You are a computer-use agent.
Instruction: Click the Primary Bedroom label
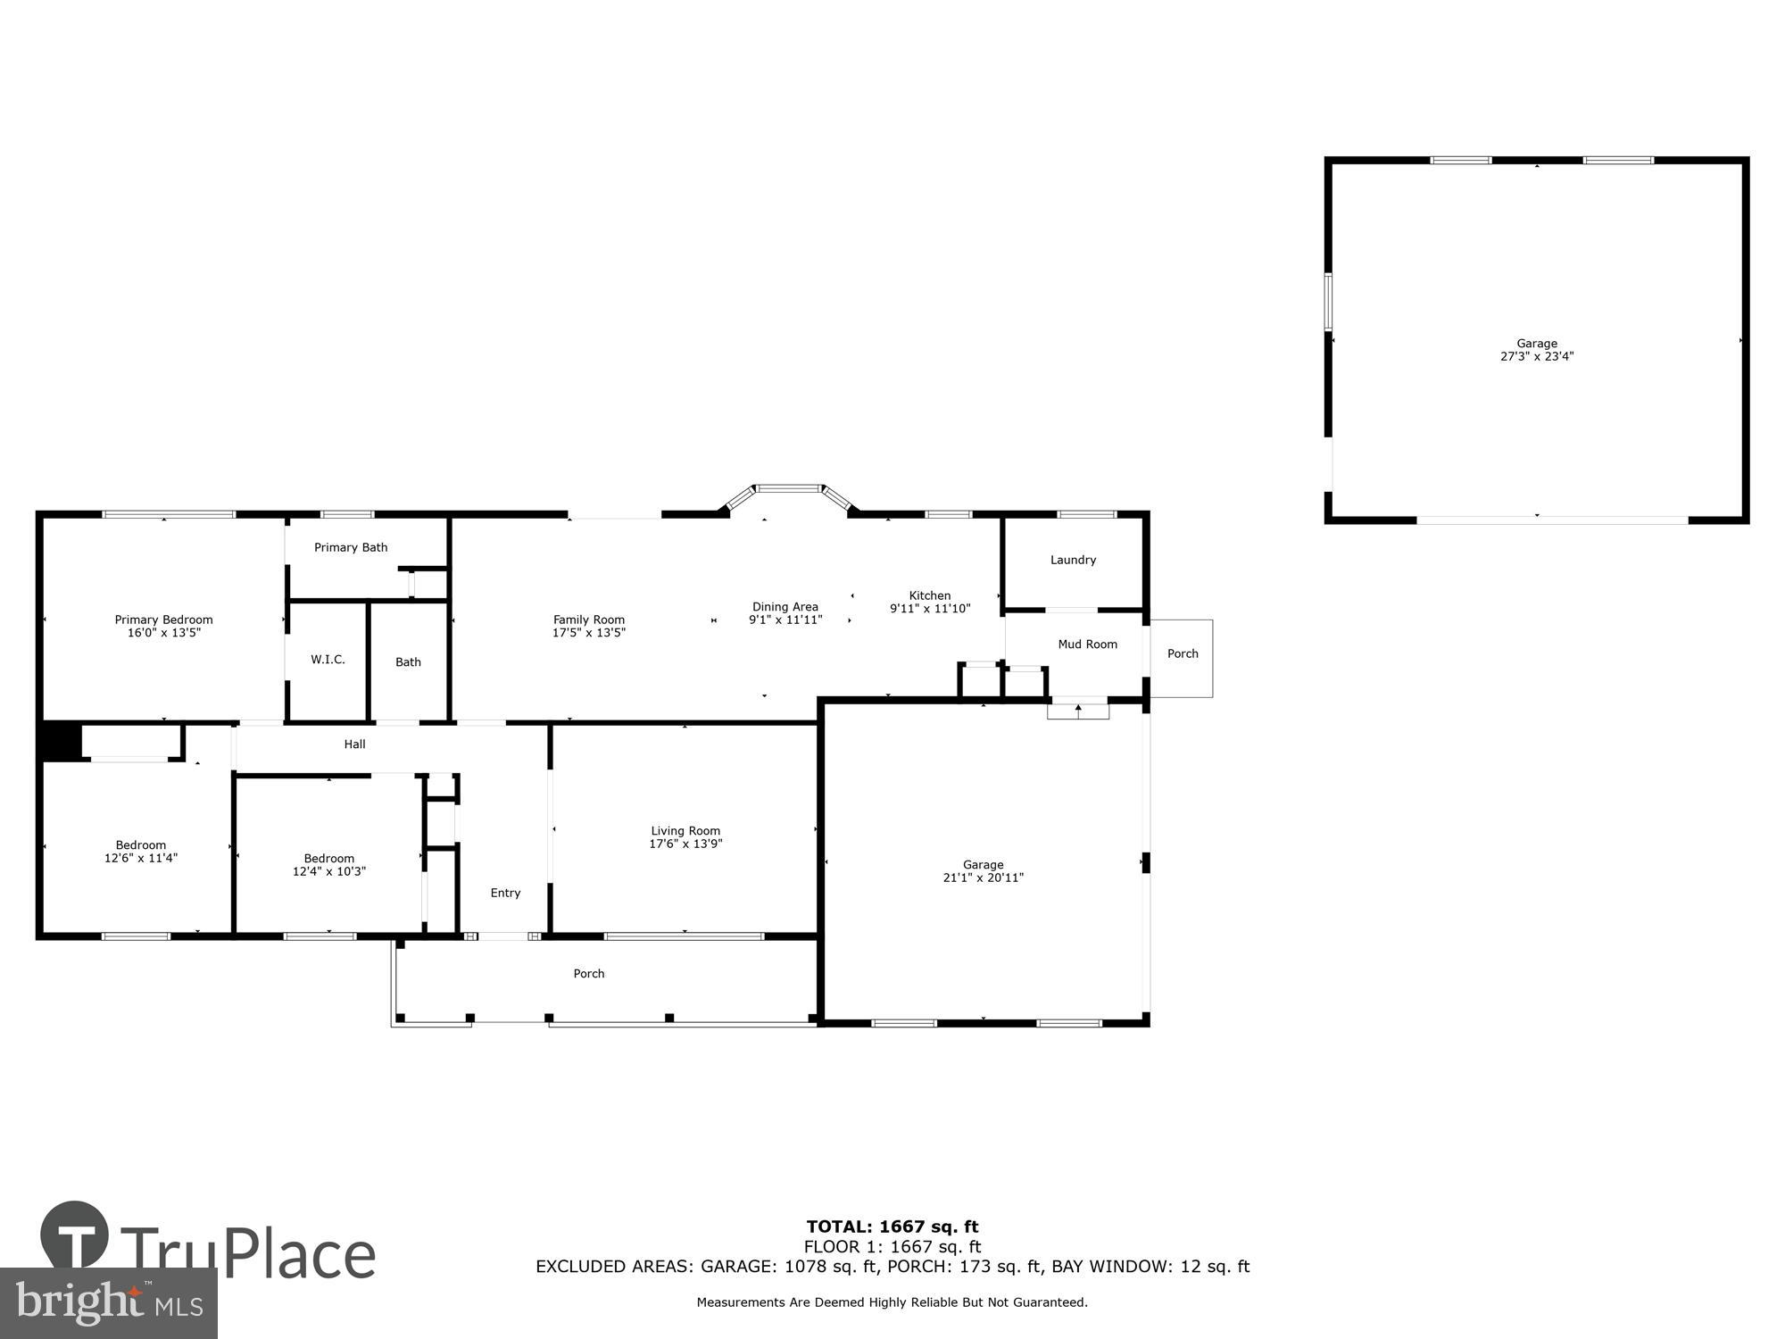(163, 620)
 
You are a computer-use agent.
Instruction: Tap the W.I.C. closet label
(328, 660)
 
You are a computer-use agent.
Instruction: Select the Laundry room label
(1073, 560)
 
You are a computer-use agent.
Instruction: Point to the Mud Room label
(1087, 645)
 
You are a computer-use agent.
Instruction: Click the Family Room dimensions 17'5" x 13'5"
(589, 633)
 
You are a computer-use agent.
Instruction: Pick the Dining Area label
(785, 607)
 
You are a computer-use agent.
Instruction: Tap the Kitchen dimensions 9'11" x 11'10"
(930, 609)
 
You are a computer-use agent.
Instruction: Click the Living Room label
(685, 831)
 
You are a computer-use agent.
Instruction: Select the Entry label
(505, 893)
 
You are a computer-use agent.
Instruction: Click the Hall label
(354, 744)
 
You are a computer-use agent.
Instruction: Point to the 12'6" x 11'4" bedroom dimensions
(141, 858)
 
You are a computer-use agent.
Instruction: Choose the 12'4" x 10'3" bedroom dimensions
(329, 871)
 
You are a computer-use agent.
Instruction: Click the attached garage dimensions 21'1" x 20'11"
(984, 877)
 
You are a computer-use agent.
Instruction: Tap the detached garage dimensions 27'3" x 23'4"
(1537, 356)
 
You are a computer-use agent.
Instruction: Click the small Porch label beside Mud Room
(1183, 653)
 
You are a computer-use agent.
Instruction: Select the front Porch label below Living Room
(589, 974)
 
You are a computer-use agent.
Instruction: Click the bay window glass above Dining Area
(788, 488)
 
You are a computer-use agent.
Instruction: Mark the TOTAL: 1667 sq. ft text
(892, 1227)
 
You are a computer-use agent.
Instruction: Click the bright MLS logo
(109, 1304)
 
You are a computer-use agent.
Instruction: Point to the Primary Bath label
(351, 547)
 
